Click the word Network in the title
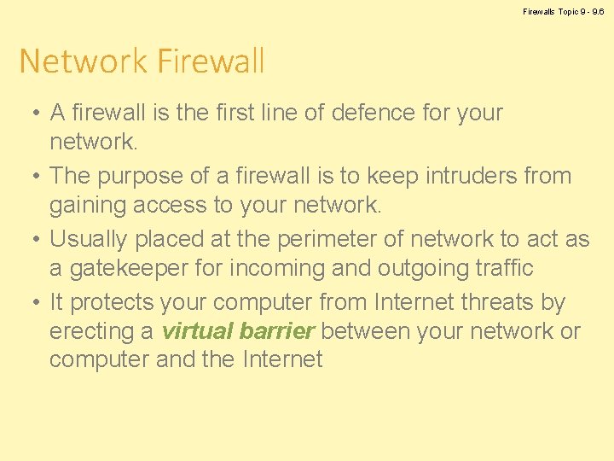coord(72,61)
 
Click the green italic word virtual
coord(198,331)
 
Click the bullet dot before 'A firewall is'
coord(29,114)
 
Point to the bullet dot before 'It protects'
coord(29,303)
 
